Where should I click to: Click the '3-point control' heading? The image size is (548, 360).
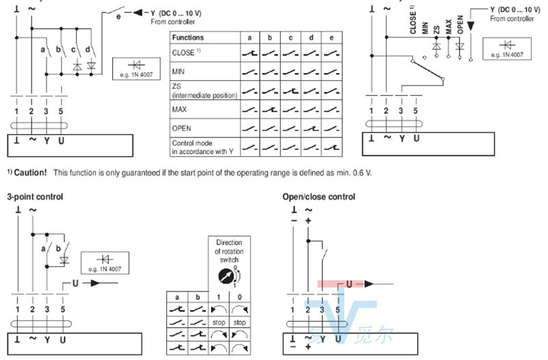pyautogui.click(x=35, y=196)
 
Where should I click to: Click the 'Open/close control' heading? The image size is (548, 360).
pyautogui.click(x=319, y=196)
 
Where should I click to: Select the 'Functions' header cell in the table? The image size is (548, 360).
pyautogui.click(x=188, y=37)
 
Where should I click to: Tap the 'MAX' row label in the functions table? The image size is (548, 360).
pyautogui.click(x=180, y=109)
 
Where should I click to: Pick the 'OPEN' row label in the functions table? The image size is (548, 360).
pyautogui.click(x=182, y=127)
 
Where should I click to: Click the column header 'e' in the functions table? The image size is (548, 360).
pyautogui.click(x=331, y=37)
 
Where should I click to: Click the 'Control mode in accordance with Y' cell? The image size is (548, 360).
pyautogui.click(x=202, y=146)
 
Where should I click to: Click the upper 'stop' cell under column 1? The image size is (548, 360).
pyautogui.click(x=219, y=321)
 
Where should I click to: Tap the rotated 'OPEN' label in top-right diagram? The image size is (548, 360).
pyautogui.click(x=460, y=25)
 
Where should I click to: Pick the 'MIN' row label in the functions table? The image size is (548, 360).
pyautogui.click(x=179, y=71)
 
